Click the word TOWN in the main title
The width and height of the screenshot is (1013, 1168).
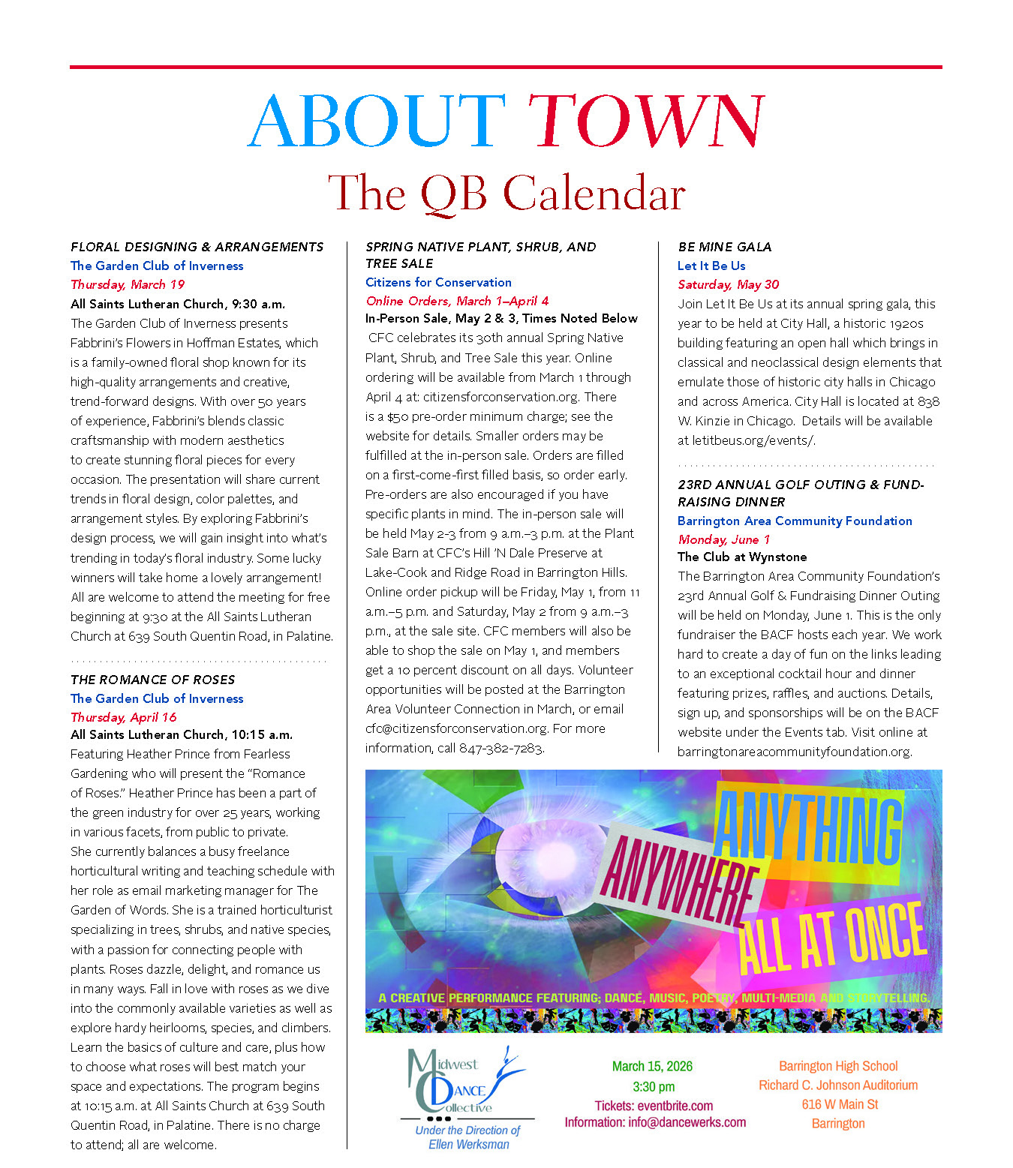[x=645, y=122]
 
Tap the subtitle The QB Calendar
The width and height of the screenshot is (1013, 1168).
[x=506, y=194]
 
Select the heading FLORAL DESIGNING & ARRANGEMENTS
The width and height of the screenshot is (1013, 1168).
[x=197, y=247]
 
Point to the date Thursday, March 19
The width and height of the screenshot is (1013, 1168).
[x=128, y=284]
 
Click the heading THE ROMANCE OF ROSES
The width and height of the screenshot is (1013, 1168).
[x=152, y=680]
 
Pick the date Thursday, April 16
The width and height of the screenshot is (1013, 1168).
[x=124, y=717]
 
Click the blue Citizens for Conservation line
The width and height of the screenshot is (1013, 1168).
[x=438, y=282]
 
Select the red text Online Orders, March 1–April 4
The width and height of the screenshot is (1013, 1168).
[x=457, y=301]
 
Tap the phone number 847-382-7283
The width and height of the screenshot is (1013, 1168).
[x=500, y=748]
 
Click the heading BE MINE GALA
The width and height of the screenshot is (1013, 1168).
[x=724, y=247]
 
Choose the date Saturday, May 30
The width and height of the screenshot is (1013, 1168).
[x=728, y=284]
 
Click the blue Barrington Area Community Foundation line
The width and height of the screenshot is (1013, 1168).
[x=795, y=521]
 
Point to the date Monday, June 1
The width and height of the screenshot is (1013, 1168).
[x=723, y=539]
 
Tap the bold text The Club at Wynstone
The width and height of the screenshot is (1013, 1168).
[x=742, y=557]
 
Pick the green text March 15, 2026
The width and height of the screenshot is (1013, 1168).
[x=652, y=1066]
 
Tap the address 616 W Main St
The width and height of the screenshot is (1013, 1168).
[x=839, y=1104]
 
